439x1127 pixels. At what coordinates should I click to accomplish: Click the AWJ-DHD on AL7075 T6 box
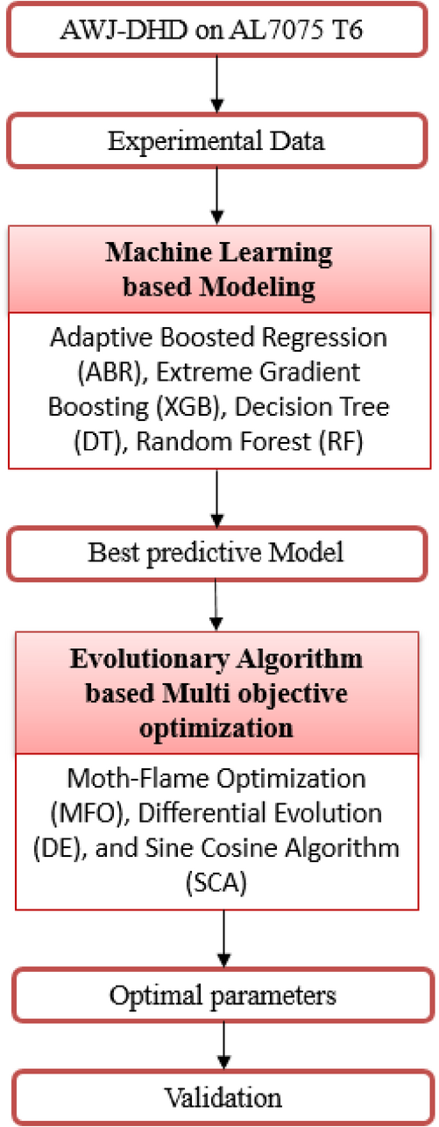coord(216,29)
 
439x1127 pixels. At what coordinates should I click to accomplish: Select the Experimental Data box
coord(216,140)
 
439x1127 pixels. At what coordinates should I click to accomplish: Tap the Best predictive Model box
coord(216,553)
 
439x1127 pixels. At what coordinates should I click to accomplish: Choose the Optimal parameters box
coord(223,995)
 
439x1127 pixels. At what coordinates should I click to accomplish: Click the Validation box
coord(223,1097)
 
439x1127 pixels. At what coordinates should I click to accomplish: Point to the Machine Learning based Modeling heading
coord(219,269)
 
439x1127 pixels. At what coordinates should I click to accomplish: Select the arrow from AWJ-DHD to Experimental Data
coord(216,84)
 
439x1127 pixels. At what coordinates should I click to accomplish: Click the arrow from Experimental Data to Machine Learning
coord(216,196)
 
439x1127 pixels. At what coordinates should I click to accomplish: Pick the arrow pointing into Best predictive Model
coord(216,498)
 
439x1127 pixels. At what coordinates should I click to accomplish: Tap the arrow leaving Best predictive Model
coord(216,605)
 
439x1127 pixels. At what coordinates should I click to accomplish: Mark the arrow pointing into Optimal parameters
coord(223,938)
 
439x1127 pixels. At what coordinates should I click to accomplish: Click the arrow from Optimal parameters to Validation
coord(223,1046)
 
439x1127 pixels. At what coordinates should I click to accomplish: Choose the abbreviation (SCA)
coord(216,883)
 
